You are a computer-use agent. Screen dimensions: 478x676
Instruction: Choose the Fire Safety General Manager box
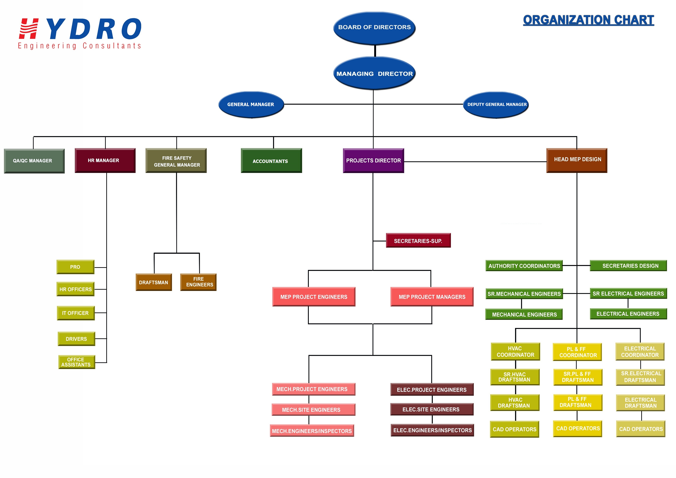tap(176, 161)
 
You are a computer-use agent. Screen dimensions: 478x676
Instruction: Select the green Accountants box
tap(271, 161)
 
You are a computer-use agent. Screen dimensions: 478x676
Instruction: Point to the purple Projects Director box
tap(373, 161)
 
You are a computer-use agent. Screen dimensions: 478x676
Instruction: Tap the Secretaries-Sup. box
tap(418, 241)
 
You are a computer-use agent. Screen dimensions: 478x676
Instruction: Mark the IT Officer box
tap(76, 313)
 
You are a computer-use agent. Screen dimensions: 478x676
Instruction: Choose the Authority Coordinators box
tap(524, 266)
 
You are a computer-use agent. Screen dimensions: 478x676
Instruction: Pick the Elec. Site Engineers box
tap(432, 409)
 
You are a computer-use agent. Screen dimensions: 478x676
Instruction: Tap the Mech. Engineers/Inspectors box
tap(312, 431)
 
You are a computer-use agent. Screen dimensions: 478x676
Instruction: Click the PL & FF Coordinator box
tap(577, 352)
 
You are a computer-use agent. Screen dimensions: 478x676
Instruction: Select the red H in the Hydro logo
tap(29, 29)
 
